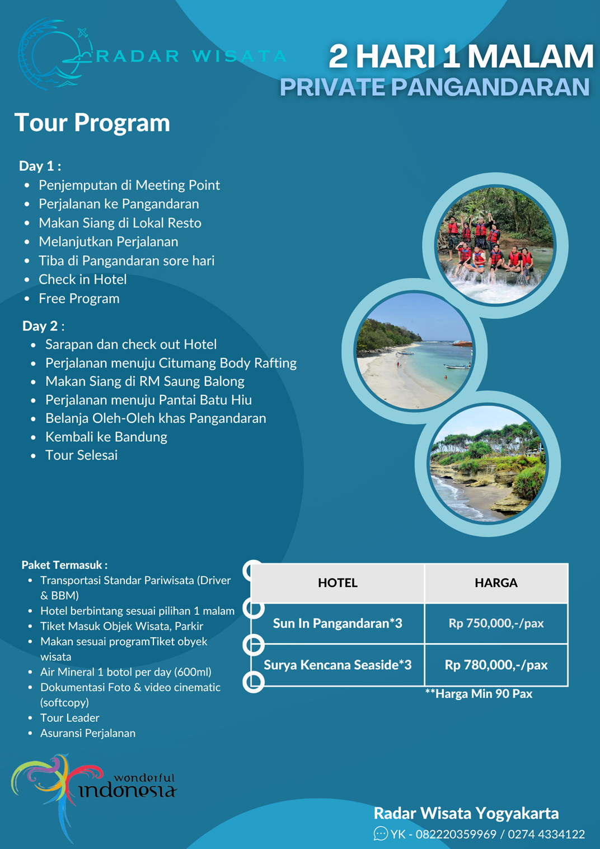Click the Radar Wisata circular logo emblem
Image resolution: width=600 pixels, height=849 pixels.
(x=55, y=54)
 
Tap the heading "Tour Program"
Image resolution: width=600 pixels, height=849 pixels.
(x=92, y=123)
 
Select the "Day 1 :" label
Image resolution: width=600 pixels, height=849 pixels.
(x=40, y=166)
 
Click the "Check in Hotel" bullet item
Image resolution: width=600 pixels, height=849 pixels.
(x=83, y=279)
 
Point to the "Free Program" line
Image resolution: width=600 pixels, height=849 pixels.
(x=79, y=298)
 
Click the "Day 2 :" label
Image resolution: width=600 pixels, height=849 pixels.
(x=43, y=326)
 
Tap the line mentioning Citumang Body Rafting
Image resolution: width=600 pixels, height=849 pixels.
(x=171, y=363)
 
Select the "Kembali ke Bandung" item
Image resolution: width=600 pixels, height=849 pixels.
(x=106, y=437)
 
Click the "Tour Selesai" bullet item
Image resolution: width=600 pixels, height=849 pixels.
(x=82, y=455)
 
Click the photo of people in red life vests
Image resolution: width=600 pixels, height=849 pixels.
(x=495, y=246)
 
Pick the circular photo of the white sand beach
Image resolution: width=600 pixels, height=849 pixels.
(x=414, y=351)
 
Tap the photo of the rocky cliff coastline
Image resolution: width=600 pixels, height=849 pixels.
(x=488, y=464)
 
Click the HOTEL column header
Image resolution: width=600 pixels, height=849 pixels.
(x=337, y=583)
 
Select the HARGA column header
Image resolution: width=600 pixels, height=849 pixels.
(x=496, y=583)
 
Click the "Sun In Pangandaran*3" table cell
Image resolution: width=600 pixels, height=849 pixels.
(x=337, y=623)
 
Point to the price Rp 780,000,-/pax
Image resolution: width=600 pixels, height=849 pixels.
(x=496, y=665)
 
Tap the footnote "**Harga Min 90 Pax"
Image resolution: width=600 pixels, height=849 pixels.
(x=479, y=694)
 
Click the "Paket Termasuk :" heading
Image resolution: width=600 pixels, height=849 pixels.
(x=64, y=565)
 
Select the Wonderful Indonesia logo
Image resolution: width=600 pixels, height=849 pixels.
(x=94, y=794)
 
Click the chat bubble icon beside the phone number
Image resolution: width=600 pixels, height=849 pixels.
(x=381, y=833)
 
